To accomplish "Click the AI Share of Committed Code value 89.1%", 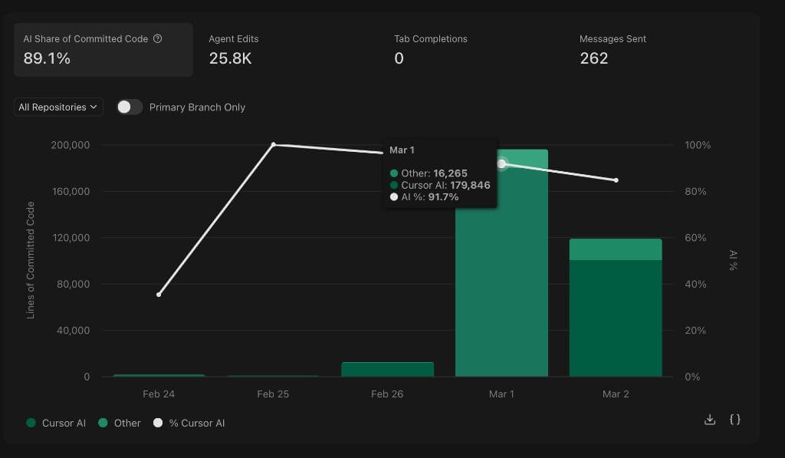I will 47,58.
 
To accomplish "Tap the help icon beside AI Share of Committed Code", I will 158,39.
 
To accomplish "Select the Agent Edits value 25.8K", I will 230,58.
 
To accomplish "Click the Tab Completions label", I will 430,39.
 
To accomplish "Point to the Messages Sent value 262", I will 593,58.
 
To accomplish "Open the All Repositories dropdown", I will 58,107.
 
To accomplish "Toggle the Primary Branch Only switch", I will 130,107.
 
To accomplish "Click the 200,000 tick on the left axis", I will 70,145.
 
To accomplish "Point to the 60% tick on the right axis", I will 697,238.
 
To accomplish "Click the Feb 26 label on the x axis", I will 387,394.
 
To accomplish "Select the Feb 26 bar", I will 387,369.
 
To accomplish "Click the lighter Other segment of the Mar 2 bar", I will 616,249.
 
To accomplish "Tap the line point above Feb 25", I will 274,145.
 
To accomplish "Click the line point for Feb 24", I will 159,295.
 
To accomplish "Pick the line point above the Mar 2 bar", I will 616,180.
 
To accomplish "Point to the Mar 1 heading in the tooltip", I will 402,150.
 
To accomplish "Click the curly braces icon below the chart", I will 734,420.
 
